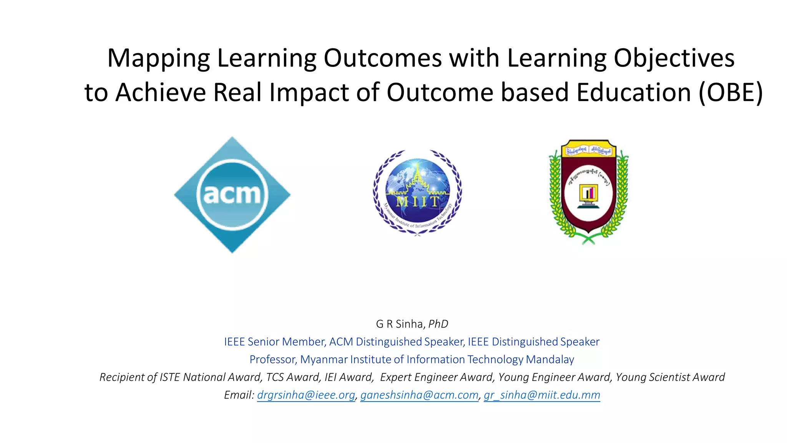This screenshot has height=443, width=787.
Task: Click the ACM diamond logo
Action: tap(232, 194)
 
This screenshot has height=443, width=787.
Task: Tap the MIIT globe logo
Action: tap(417, 192)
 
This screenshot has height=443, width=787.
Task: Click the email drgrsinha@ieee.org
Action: tap(306, 395)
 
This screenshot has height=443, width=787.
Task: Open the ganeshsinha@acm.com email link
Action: tap(419, 395)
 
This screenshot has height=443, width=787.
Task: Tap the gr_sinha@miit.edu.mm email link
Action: tap(542, 395)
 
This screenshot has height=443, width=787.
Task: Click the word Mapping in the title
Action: tap(158, 58)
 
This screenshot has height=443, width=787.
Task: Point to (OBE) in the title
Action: tap(731, 93)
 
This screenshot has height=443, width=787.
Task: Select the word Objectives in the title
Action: tap(674, 58)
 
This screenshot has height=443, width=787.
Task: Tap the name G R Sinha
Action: tap(399, 324)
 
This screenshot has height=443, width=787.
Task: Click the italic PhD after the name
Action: tap(438, 324)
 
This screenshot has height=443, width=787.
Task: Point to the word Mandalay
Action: tap(550, 360)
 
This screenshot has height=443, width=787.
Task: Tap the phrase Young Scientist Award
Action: tap(670, 377)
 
